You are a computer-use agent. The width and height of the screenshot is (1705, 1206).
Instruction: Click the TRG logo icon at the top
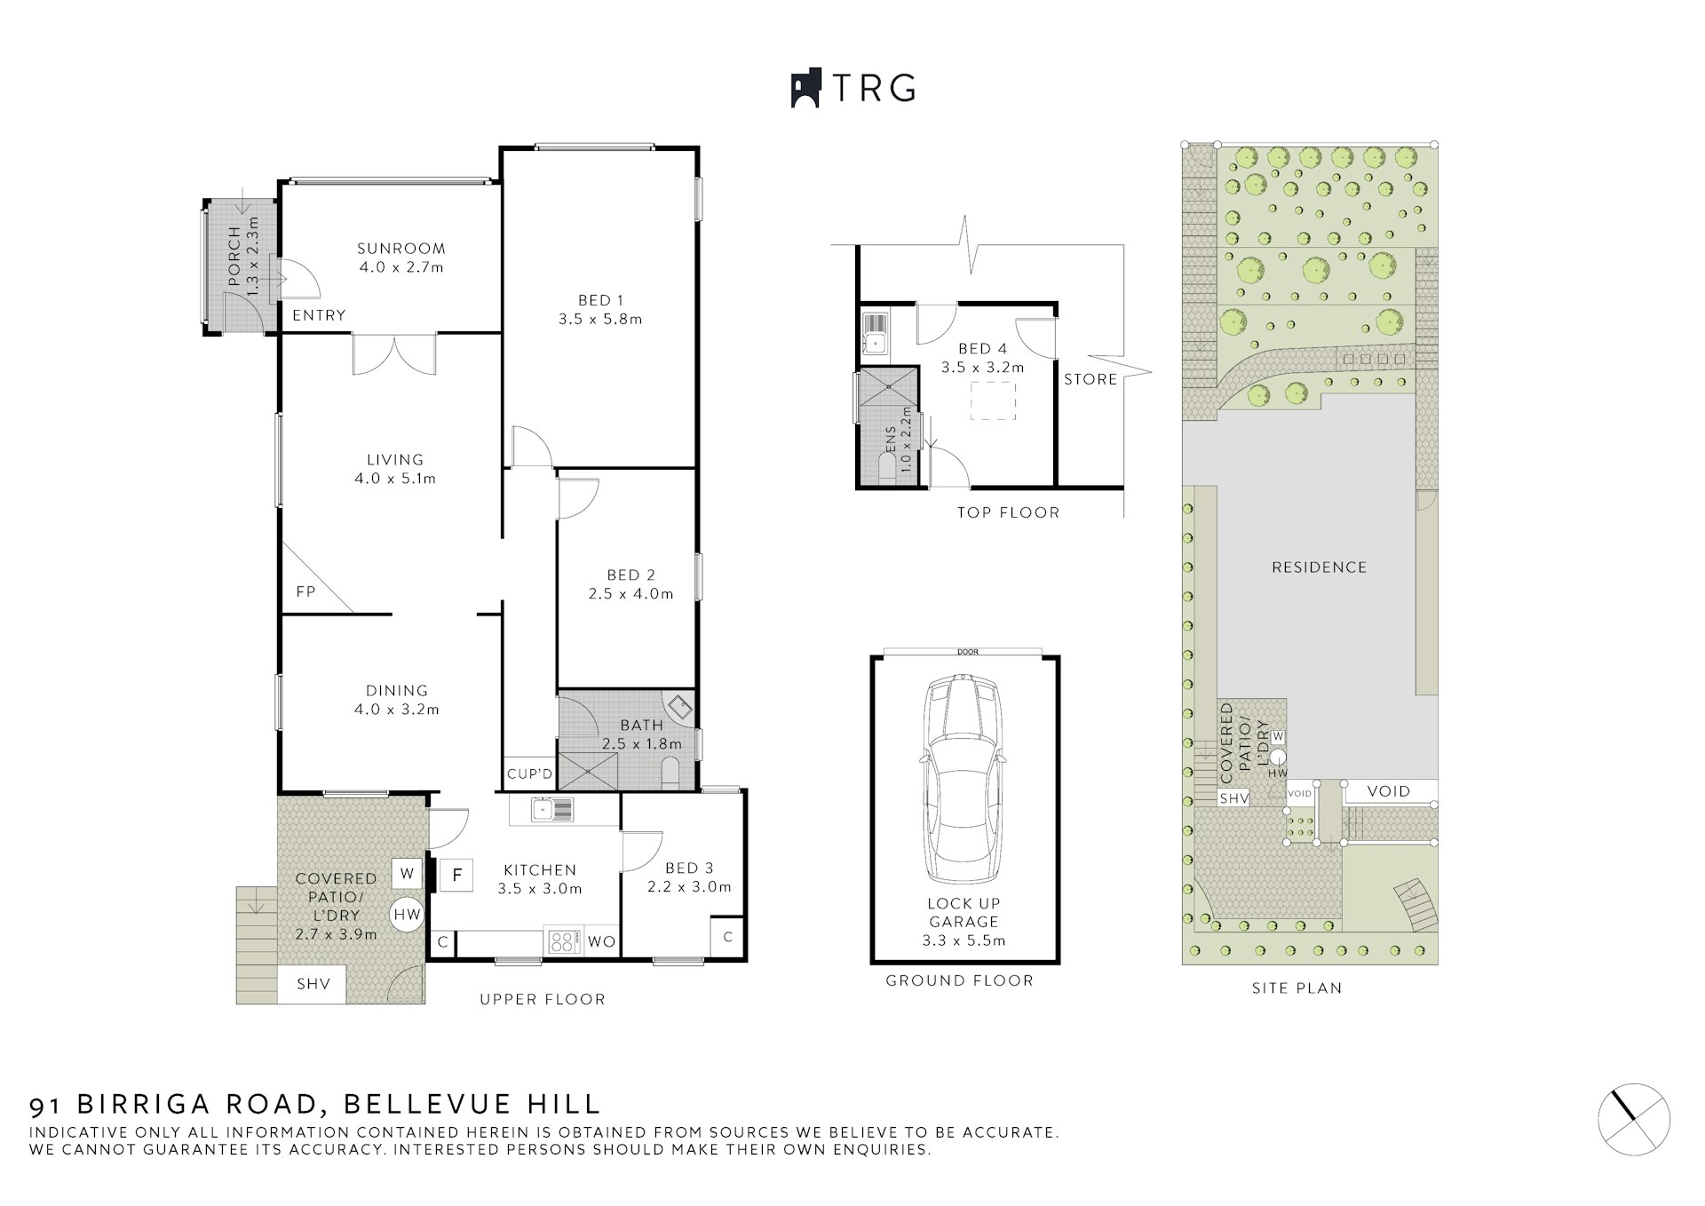point(805,88)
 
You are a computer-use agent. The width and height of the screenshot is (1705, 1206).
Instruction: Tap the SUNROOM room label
point(400,249)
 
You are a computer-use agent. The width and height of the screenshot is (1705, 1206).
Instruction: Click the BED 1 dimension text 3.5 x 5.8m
point(600,319)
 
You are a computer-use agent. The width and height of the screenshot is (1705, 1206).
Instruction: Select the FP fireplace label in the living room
point(305,591)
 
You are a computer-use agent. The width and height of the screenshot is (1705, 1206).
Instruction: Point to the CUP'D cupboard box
point(529,774)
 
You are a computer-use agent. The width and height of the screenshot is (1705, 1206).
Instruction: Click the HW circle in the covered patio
point(408,914)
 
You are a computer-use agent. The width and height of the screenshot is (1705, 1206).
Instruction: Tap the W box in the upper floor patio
point(407,874)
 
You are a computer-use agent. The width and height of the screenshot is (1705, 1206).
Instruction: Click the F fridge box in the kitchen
point(457,875)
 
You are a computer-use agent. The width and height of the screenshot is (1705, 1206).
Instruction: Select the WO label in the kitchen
point(601,942)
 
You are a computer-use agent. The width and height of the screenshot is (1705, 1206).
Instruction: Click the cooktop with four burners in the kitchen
point(563,941)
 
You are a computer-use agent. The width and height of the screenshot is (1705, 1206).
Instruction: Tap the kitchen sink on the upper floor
point(551,809)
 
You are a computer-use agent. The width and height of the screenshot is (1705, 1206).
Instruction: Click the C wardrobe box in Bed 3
point(727,937)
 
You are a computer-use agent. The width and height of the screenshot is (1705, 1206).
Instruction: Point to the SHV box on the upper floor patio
point(313,984)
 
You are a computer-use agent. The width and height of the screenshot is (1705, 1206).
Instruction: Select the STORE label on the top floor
point(1090,379)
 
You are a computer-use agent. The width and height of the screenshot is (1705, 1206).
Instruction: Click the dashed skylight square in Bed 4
point(993,401)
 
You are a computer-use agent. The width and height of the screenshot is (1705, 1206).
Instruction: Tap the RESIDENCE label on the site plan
point(1319,567)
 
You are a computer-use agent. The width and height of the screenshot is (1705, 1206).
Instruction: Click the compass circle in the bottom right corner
point(1634,1119)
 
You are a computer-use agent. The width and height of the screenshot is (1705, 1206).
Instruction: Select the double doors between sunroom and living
point(394,353)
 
